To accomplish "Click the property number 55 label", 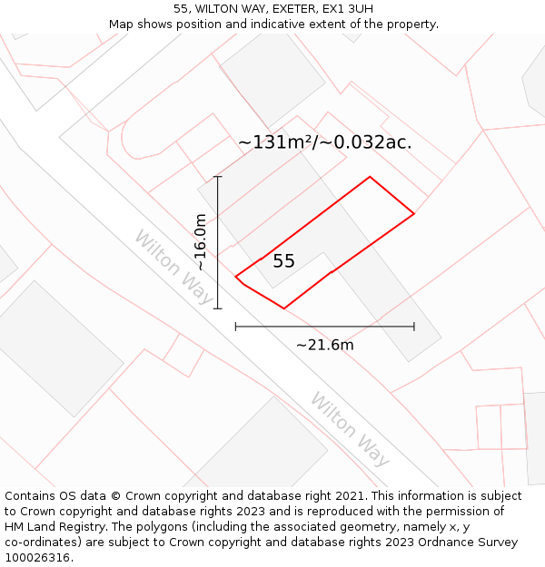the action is (283, 261).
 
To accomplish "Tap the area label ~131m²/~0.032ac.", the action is (324, 142).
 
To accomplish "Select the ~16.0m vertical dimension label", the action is (202, 242).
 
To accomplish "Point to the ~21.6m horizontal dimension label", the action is (324, 345).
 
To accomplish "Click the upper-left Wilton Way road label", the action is (173, 268).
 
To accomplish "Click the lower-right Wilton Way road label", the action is (350, 429).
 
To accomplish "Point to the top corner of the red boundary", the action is (370, 177).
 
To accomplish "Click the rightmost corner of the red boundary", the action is (414, 214).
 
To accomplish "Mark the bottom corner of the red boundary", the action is (284, 308).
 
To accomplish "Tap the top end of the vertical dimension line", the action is (218, 177).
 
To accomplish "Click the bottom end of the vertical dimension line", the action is (218, 308).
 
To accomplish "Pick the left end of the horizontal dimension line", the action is (235, 327).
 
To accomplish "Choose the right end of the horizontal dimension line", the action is (414, 327).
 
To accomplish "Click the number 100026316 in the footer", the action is (37, 558).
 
